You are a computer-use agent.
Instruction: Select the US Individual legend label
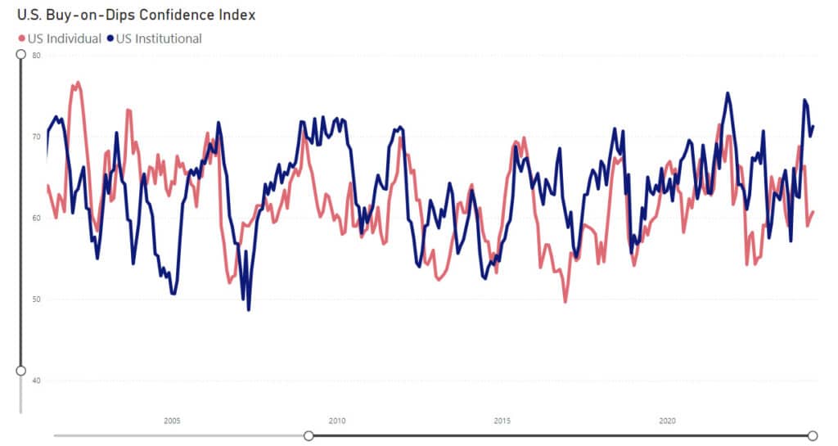pos(65,38)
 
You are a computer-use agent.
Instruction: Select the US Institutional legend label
pos(159,38)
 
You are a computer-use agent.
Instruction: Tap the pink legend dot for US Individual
pos(21,38)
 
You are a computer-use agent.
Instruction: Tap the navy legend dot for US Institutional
pos(110,38)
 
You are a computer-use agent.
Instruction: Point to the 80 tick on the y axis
pos(36,56)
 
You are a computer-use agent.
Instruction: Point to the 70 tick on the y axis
pos(36,137)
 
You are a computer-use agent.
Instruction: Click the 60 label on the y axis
pos(36,218)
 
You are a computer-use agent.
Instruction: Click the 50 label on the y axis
pos(36,299)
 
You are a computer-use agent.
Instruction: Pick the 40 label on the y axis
pos(36,381)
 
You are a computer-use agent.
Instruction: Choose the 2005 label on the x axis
pos(172,421)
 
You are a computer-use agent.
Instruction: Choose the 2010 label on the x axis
pos(337,421)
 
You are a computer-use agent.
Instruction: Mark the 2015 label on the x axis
pos(502,421)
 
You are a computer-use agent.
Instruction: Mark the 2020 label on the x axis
pos(667,421)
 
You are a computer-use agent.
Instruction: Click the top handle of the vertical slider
pos(21,54)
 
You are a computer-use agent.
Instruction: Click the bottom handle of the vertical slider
pos(21,371)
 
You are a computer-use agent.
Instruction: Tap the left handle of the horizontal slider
pos(309,435)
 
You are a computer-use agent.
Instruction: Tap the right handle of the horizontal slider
pos(813,435)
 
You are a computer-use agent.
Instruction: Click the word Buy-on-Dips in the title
pos(87,15)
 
